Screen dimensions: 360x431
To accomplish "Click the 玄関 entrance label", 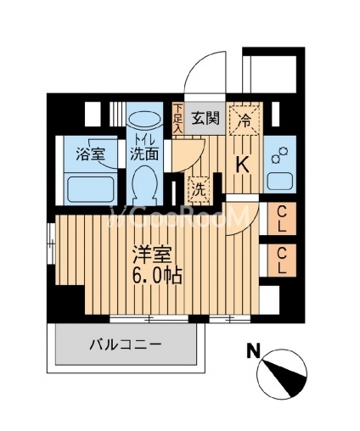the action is [205, 118].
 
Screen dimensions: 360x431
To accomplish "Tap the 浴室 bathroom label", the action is [91, 154].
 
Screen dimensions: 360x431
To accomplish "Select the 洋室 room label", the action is [153, 255].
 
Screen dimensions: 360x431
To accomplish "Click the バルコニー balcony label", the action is [126, 344].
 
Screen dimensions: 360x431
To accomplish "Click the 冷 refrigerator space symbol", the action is [244, 120].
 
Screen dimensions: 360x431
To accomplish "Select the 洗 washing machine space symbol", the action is [200, 189].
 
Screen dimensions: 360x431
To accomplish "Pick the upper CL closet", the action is [282, 218].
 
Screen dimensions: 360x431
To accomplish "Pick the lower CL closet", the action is [282, 260].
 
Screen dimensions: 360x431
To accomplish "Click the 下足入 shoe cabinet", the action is [177, 118].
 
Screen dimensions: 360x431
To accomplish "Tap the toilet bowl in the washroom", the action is [144, 183].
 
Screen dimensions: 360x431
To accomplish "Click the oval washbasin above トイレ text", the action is [144, 120].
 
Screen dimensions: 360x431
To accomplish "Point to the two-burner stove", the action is [279, 154].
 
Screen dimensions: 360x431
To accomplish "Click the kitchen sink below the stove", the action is [280, 181].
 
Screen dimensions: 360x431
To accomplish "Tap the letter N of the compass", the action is [254, 350].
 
